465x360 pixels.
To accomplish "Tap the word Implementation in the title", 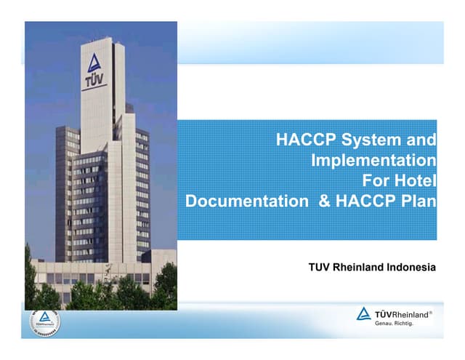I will pyautogui.click(x=373, y=160).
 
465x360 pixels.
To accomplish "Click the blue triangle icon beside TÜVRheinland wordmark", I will pyautogui.click(x=363, y=314).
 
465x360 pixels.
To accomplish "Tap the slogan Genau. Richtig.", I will pyautogui.click(x=394, y=324).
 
